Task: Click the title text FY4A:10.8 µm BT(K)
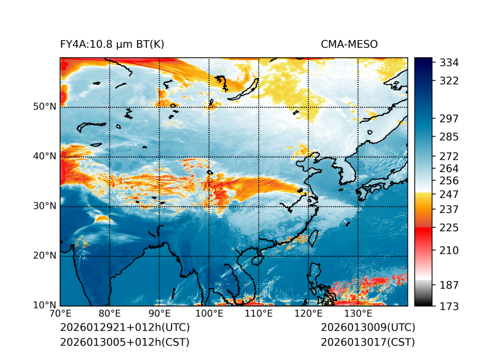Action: click(x=112, y=44)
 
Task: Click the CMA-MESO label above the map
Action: click(x=349, y=44)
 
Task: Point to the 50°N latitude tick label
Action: click(x=45, y=107)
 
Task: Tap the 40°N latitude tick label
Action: click(x=45, y=156)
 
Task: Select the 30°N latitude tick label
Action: click(x=45, y=206)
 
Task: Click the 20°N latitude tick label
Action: click(x=45, y=256)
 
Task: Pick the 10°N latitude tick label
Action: click(x=45, y=305)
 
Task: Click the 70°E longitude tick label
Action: click(x=60, y=314)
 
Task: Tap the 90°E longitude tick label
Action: click(x=160, y=314)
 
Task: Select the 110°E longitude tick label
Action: click(x=258, y=314)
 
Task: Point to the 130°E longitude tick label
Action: click(x=357, y=314)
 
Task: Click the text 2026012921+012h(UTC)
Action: click(x=124, y=328)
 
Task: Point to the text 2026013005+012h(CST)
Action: click(x=124, y=342)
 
